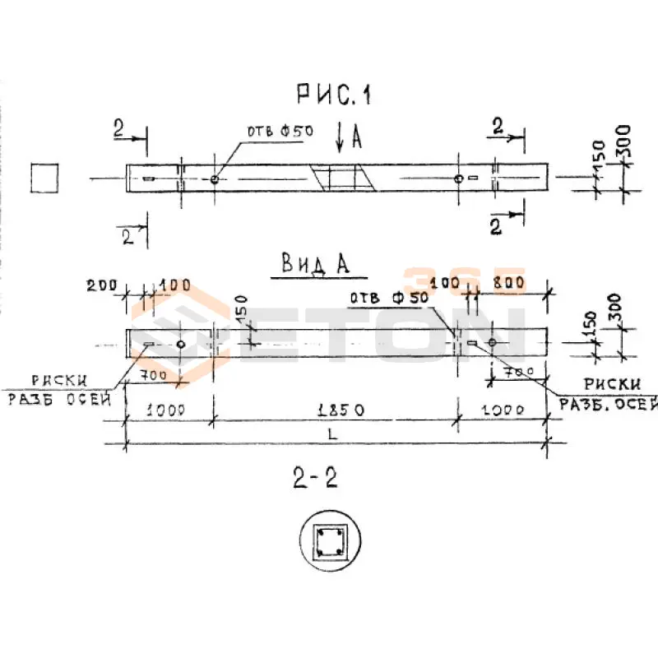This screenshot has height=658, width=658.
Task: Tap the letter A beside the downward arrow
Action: click(357, 137)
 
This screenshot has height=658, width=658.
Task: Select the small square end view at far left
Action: click(44, 177)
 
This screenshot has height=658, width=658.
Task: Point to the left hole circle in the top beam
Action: click(214, 178)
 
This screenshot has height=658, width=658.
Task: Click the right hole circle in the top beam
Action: click(458, 178)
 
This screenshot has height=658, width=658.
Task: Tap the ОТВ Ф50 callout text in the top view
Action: click(275, 132)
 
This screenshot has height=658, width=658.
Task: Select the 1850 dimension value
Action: click(336, 409)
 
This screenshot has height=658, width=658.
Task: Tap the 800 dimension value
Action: click(509, 284)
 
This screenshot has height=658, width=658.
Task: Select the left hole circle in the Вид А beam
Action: click(180, 344)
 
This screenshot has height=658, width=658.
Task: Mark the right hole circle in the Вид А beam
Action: click(492, 343)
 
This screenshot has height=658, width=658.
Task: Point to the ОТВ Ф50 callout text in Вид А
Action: click(388, 299)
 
